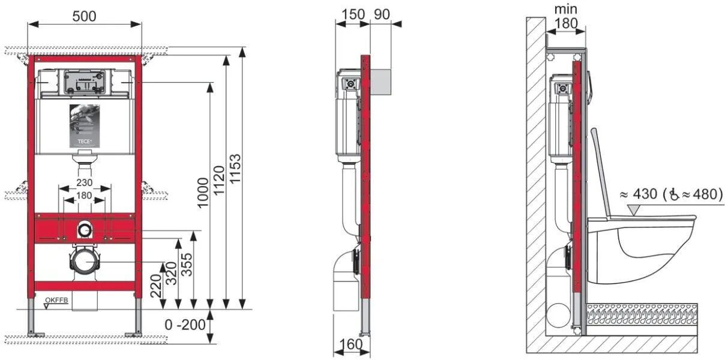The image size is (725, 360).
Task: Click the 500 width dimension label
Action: pos(84,16)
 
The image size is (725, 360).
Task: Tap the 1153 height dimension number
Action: pos(235,169)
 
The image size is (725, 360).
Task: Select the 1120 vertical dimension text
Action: pos(219,180)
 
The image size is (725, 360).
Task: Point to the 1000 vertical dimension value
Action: pos(203,193)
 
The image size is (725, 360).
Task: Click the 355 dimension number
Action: pos(187,265)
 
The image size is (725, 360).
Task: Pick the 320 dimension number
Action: pos(171,274)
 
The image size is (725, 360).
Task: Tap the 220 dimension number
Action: pos(156,286)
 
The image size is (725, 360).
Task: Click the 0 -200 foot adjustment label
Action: pos(185,325)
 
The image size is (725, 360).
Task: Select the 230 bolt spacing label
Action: pos(84,182)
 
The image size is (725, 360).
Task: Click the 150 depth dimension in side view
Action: pos(353,14)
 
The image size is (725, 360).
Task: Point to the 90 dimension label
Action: pos(382,14)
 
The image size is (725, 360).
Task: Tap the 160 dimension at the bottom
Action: pos(351,344)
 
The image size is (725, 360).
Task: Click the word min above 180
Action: pos(566,9)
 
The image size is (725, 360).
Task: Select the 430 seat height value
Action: pos(645,194)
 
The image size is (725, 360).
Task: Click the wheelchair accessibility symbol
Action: pos(674,194)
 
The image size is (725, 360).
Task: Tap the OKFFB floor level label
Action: pos(56,300)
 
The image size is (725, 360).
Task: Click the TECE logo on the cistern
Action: pos(85,142)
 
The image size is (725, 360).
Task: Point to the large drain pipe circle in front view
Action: pos(85,262)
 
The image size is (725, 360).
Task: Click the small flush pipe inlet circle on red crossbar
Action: pos(85,230)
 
